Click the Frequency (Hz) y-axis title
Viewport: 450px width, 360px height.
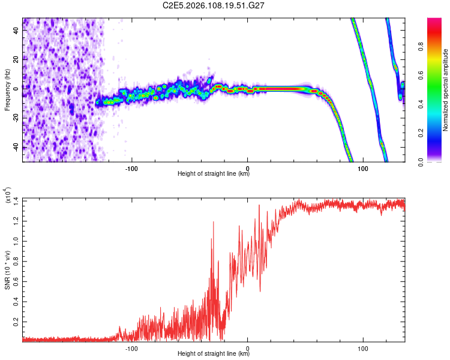(x=8, y=89)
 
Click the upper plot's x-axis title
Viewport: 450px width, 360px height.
(x=214, y=174)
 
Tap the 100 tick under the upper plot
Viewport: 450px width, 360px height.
(x=362, y=167)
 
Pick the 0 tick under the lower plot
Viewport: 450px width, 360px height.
(x=248, y=347)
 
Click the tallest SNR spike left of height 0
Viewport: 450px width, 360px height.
(x=212, y=221)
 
